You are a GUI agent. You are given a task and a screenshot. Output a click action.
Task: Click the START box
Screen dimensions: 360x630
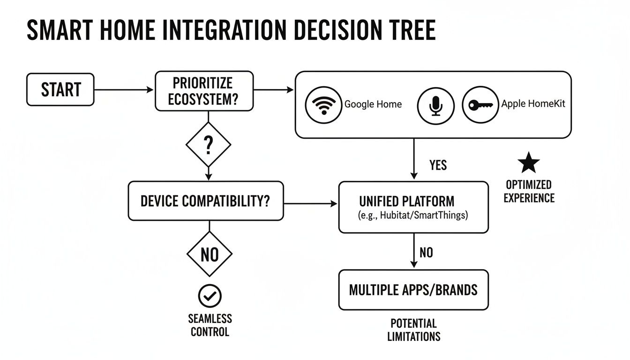[x=60, y=89]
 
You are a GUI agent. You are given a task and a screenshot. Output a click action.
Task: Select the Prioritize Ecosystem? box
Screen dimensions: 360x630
[x=204, y=91]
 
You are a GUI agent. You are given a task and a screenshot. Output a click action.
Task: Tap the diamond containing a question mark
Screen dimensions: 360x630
[x=209, y=145]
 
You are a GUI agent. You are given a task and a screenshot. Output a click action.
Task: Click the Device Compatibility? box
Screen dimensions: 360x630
[x=205, y=201]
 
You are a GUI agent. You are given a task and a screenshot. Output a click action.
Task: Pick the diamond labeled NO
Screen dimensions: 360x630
[x=209, y=255]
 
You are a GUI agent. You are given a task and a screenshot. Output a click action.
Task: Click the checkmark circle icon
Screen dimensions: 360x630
[x=210, y=296]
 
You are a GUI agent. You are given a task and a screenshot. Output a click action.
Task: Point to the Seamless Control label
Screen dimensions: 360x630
[x=210, y=325]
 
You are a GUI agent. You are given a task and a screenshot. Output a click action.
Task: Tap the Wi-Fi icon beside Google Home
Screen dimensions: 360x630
[x=322, y=105]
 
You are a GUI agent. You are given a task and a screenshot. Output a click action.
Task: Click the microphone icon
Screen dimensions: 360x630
[x=436, y=105]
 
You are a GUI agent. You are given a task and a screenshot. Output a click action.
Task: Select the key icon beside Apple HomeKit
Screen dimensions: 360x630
[x=480, y=105]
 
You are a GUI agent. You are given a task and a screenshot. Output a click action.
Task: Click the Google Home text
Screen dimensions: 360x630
[x=373, y=105]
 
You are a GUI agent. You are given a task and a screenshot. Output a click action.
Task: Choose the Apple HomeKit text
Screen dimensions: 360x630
[x=533, y=104]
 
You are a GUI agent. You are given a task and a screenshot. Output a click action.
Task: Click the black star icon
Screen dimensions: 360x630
[x=529, y=163]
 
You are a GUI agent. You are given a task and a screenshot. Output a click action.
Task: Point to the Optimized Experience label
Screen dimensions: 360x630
[x=529, y=191]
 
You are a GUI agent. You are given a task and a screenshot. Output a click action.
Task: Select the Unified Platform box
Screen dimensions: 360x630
[x=413, y=207]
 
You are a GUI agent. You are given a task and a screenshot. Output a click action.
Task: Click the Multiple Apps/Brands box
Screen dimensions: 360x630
[x=413, y=290]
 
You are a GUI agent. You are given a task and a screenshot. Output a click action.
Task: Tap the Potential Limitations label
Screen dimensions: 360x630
[x=413, y=330]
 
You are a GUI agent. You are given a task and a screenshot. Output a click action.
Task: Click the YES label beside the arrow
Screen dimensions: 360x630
[x=438, y=165]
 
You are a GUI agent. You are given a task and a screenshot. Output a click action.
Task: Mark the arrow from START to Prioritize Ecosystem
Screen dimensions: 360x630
[x=124, y=90]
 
